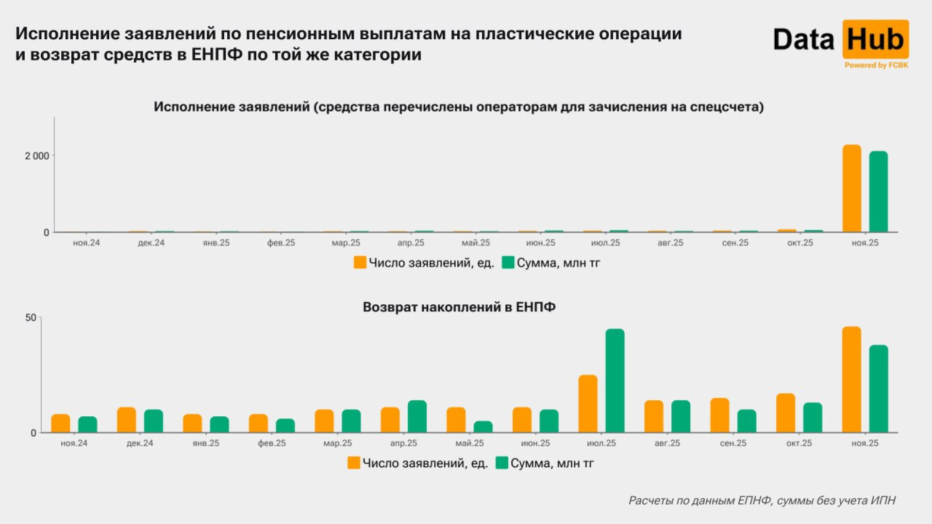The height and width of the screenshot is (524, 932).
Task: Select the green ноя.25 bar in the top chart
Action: [878, 192]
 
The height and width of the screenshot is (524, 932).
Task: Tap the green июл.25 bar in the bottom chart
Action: [615, 381]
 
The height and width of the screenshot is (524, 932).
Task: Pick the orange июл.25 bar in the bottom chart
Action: [588, 404]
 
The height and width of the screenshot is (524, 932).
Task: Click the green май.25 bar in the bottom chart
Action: [483, 427]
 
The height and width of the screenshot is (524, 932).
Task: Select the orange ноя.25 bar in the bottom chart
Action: [851, 379]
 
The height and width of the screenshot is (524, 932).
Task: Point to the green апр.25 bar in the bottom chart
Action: [417, 416]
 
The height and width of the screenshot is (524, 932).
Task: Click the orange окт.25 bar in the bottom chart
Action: [785, 413]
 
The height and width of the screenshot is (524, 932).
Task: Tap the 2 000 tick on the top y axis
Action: [37, 156]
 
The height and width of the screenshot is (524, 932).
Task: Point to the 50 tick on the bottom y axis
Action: [31, 317]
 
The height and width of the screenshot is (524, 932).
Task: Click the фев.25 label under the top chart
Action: [281, 243]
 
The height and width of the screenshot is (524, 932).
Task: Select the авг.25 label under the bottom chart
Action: [667, 443]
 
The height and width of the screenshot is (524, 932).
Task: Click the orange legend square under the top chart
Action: [360, 262]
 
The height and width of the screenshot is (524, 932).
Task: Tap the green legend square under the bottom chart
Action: [501, 463]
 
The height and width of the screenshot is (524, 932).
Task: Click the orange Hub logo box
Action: [875, 39]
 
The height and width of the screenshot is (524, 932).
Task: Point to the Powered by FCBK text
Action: [876, 65]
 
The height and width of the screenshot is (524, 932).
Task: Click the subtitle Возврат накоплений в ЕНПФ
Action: [459, 307]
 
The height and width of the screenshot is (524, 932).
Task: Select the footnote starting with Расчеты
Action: [762, 500]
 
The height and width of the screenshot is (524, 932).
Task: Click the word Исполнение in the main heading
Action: [67, 33]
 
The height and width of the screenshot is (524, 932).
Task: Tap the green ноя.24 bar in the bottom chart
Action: [87, 425]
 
